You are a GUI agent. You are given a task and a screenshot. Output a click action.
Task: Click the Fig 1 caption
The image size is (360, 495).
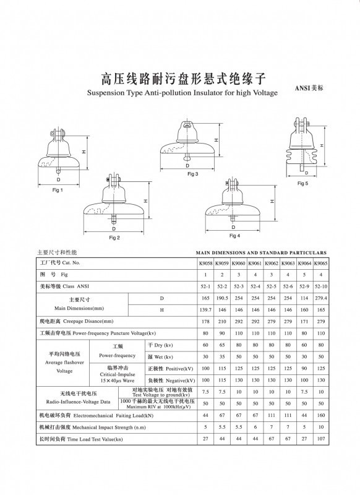58,190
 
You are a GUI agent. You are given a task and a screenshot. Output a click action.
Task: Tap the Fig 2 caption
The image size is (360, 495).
114,238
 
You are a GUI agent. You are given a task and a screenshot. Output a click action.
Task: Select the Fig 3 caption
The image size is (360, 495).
193,174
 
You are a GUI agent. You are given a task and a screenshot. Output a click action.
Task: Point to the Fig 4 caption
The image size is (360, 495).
234,235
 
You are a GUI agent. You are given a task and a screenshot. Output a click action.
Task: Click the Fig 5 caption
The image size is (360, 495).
302,184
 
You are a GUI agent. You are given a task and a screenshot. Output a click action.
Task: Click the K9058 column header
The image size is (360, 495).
205,263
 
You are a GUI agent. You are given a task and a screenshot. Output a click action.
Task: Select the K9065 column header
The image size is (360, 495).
320,263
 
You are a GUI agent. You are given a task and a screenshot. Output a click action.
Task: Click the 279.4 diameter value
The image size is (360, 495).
320,298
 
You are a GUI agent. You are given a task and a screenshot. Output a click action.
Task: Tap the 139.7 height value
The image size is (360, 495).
205,309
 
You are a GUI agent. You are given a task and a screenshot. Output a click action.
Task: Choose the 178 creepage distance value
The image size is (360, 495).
205,321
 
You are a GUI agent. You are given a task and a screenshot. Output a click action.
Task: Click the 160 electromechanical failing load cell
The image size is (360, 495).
320,416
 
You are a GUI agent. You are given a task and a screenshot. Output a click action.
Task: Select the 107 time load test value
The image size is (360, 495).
320,439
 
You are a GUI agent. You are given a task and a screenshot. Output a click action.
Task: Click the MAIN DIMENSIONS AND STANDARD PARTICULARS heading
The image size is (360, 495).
261,253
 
